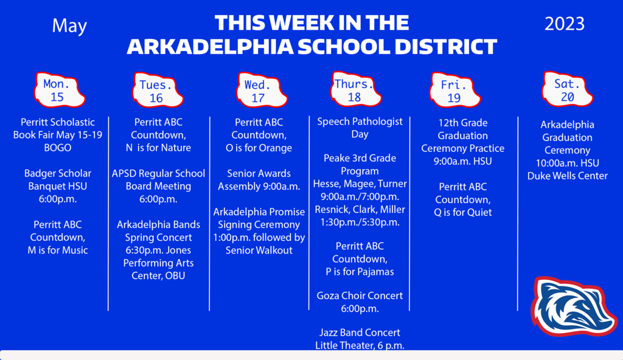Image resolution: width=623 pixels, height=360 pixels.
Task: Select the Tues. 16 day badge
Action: [157, 91]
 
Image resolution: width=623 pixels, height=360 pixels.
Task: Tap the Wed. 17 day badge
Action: [258, 91]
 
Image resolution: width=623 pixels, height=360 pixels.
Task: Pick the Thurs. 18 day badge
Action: [354, 90]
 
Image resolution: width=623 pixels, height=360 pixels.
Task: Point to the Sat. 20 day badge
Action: [567, 90]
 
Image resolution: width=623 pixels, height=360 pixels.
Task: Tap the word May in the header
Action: [69, 26]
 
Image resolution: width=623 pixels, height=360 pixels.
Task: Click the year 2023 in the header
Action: [565, 24]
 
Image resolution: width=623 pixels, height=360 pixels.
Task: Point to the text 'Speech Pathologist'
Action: [360, 122]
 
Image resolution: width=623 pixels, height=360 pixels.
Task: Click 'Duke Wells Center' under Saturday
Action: [567, 176]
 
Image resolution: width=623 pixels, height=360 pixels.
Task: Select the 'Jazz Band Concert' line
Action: [360, 333]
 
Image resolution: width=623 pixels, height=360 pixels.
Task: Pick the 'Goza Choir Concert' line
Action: [360, 296]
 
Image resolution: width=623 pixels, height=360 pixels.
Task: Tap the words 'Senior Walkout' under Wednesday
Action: [259, 250]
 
